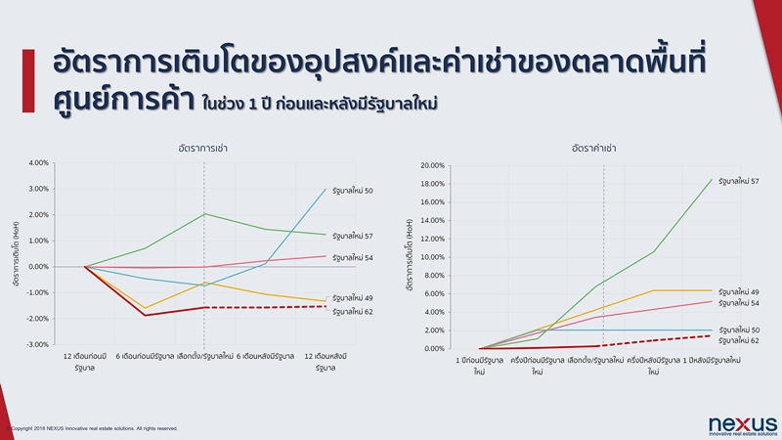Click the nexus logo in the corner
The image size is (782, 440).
click(x=742, y=423)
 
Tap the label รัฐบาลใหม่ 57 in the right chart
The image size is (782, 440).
click(x=739, y=181)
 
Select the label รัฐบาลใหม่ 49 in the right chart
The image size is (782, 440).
click(x=739, y=291)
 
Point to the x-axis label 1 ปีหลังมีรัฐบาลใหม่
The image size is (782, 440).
click(x=711, y=361)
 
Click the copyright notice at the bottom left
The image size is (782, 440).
click(x=93, y=427)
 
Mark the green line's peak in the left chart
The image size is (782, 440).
click(x=203, y=213)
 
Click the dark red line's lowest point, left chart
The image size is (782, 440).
click(x=145, y=315)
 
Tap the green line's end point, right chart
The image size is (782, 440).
click(x=711, y=179)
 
